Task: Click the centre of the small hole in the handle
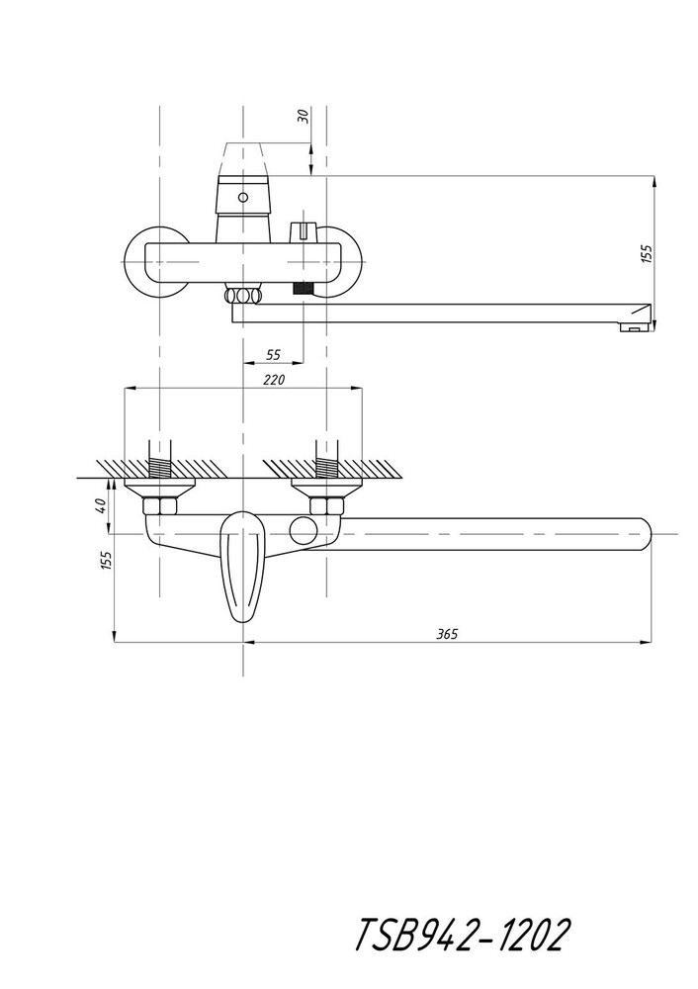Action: point(243,197)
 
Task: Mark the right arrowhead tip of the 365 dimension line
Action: point(652,643)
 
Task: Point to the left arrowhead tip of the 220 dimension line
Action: point(126,389)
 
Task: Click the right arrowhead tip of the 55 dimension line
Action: point(304,363)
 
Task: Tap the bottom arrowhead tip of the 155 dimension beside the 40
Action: point(114,643)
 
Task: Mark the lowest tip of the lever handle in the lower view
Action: point(243,623)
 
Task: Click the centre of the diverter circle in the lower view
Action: point(304,530)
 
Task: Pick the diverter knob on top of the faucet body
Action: point(303,231)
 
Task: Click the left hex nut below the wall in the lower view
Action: point(160,505)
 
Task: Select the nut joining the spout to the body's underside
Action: point(243,296)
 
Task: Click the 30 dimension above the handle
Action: point(304,116)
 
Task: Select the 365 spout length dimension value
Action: point(447,634)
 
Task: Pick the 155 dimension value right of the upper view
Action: point(647,254)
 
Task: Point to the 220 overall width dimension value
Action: point(274,380)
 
